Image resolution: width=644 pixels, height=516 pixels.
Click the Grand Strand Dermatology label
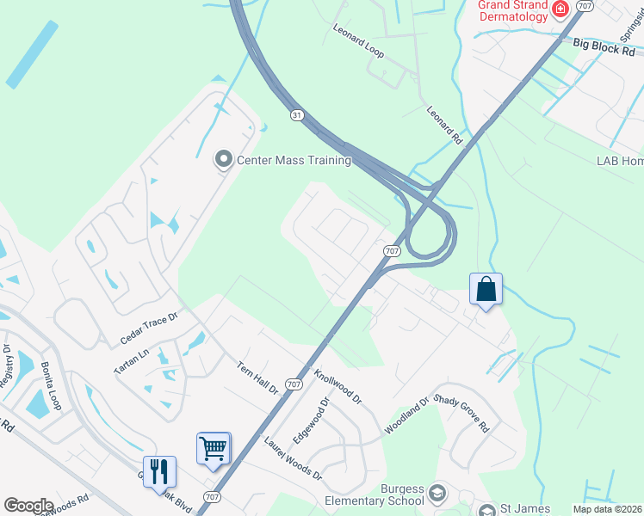tap(512, 11)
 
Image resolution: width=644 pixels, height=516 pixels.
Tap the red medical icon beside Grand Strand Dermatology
tap(560, 9)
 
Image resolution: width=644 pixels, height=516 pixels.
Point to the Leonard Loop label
tap(358, 40)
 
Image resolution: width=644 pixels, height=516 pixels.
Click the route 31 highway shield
tap(297, 115)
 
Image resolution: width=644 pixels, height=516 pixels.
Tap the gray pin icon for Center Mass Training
tap(223, 159)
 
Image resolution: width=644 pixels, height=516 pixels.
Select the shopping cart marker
tap(213, 448)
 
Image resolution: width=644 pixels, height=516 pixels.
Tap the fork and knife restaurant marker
tap(159, 471)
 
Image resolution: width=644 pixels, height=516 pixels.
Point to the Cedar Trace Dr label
tap(148, 329)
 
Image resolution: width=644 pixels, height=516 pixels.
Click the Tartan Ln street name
tap(132, 360)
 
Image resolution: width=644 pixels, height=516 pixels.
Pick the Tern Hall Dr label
tap(258, 378)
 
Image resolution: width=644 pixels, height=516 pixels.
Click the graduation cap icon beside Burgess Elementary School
tap(438, 493)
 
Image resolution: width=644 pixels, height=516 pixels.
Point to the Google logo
tap(28, 505)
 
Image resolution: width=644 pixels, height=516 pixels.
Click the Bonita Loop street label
tap(51, 385)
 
